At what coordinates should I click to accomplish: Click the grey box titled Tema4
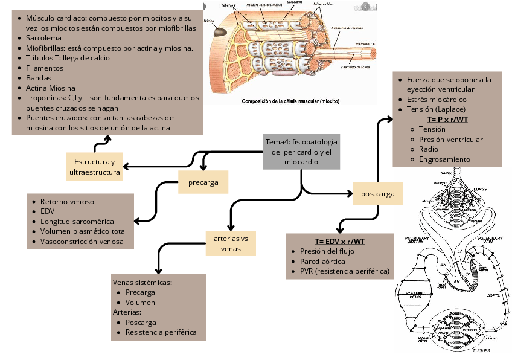tap(301, 151)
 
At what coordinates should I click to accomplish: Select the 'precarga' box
tap(203, 182)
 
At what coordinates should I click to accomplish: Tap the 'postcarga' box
tap(378, 194)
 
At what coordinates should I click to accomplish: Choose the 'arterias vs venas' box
tap(231, 243)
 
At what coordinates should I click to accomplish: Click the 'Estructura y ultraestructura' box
tap(94, 167)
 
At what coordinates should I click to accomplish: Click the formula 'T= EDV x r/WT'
tap(339, 242)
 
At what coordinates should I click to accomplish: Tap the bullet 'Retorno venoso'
tap(67, 202)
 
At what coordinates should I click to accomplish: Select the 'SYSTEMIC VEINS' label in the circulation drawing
tap(414, 295)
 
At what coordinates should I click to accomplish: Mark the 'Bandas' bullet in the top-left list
tap(39, 78)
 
